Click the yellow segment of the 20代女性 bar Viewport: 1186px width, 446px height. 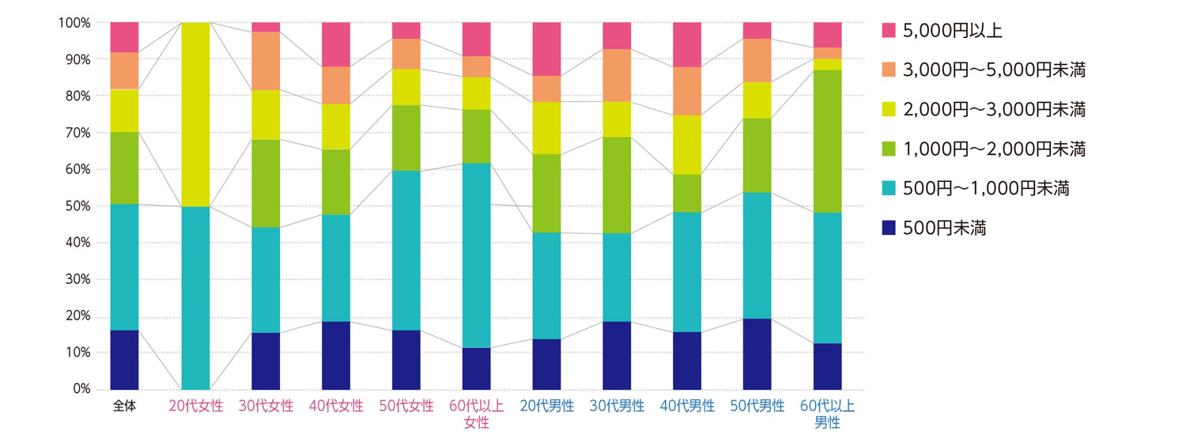[195, 115]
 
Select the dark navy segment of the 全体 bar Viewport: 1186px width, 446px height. [125, 360]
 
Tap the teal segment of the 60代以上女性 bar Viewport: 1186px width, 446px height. [477, 255]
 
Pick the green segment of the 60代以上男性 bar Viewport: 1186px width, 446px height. [828, 141]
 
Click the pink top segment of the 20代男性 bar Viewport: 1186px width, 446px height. [547, 49]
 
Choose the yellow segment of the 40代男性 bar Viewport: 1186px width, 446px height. [687, 145]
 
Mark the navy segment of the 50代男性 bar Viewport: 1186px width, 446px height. [757, 353]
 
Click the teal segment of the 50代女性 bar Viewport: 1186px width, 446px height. [406, 250]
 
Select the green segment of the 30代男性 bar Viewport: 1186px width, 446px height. [618, 185]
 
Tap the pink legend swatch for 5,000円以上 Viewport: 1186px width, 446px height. [889, 30]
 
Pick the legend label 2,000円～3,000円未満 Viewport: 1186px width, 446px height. [995, 109]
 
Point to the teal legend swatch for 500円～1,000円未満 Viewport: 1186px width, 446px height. [889, 188]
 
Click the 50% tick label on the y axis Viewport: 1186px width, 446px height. [77, 206]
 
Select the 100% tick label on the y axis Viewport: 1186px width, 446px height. [74, 23]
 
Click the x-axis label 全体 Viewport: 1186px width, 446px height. [125, 406]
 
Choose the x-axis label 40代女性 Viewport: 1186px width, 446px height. [336, 406]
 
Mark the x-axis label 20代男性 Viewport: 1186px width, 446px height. [547, 406]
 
